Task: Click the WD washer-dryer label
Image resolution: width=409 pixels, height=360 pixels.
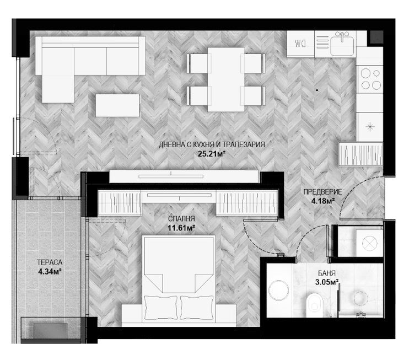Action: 300,44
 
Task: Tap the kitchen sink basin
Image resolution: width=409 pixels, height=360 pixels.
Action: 342,46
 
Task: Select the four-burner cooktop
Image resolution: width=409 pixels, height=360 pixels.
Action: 370,79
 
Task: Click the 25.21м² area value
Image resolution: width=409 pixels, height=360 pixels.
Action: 211,154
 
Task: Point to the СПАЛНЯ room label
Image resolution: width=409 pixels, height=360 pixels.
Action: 181,219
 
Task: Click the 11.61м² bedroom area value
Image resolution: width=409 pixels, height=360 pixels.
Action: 181,228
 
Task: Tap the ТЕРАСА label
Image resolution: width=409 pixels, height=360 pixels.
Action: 50,262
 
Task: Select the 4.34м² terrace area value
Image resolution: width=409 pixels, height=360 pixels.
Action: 50,272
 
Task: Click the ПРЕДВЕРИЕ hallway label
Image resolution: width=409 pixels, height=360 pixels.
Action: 322,192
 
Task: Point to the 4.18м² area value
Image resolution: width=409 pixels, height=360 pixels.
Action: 323,201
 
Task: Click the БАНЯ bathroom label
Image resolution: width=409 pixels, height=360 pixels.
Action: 326,273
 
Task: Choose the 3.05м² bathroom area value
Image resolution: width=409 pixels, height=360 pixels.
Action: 326,282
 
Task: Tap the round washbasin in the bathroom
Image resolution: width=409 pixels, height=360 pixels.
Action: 279,291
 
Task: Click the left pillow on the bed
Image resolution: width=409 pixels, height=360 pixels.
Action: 161,308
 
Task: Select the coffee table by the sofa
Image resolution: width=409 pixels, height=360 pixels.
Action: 117,105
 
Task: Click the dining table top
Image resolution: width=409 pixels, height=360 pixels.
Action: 226,79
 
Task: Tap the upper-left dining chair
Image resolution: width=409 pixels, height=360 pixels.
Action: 199,63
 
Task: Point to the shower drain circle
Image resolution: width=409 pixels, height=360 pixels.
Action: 360,298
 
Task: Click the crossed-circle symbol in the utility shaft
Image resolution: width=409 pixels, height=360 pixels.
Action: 370,243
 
